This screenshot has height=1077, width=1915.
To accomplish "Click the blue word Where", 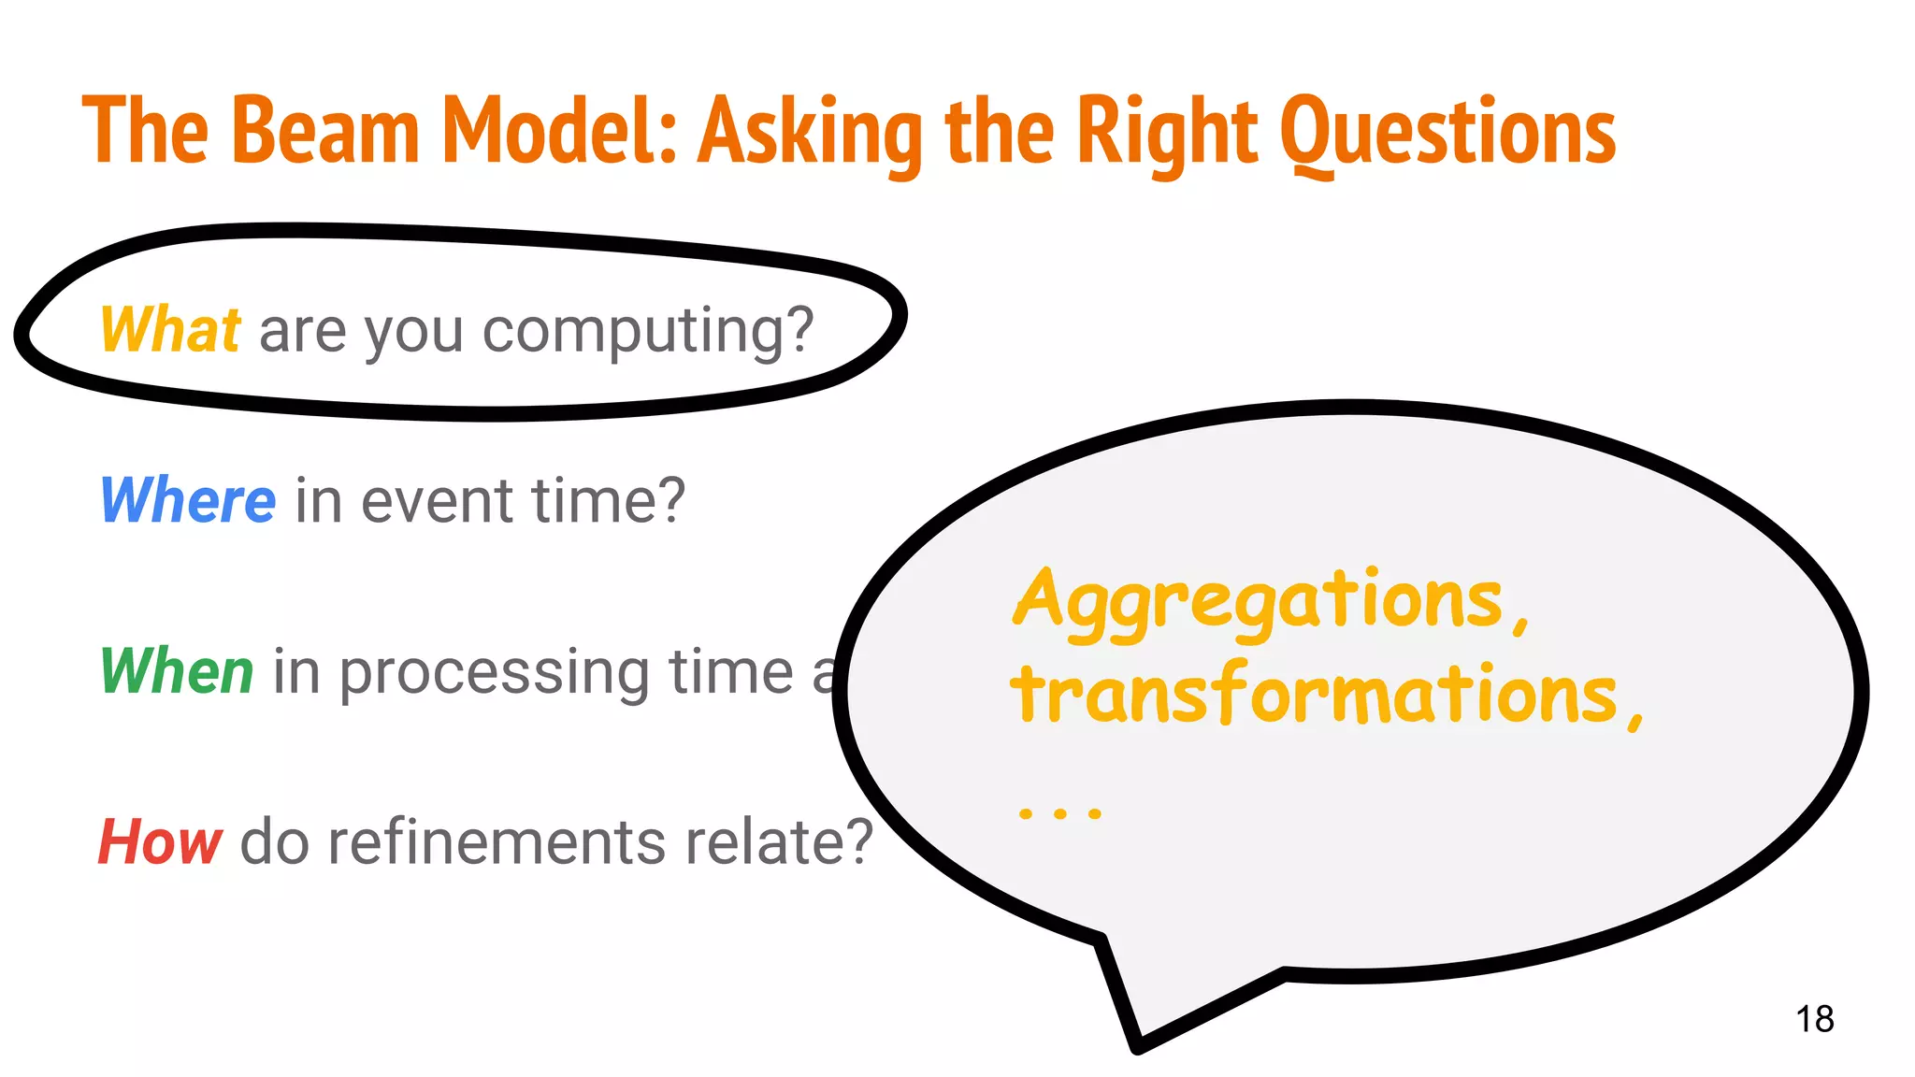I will tap(187, 500).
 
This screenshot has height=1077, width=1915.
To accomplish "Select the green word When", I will tap(176, 671).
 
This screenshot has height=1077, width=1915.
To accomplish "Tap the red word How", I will tap(160, 841).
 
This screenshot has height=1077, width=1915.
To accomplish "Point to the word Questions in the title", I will tap(1447, 133).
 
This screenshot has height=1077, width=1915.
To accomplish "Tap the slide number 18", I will tap(1814, 1019).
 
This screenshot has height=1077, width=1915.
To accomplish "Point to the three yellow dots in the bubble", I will tap(1059, 813).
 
